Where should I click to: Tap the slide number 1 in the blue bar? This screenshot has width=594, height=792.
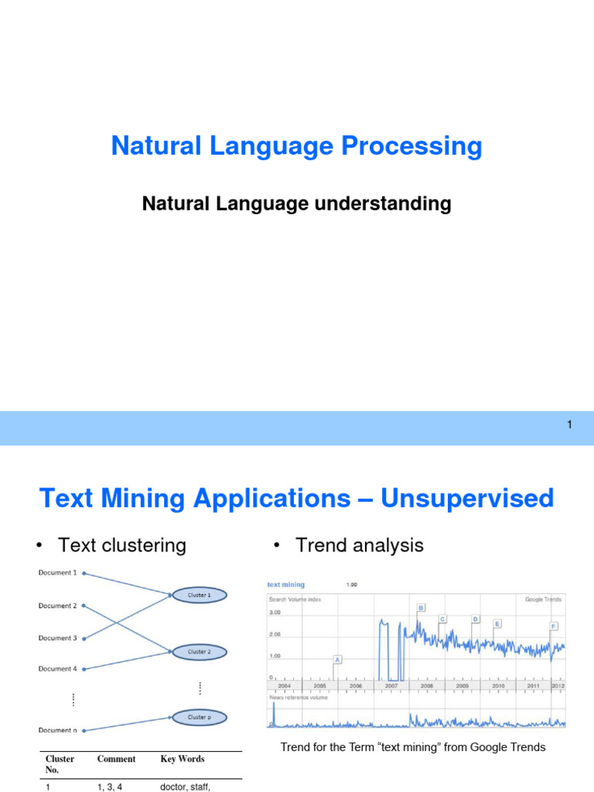(x=569, y=425)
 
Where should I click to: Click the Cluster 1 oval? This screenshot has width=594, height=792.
(x=198, y=595)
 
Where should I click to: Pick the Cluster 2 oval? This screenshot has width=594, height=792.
(x=198, y=652)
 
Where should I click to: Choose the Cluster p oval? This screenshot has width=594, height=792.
(x=198, y=717)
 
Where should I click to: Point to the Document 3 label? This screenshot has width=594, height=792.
(x=57, y=638)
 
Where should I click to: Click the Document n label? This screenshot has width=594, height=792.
(x=57, y=730)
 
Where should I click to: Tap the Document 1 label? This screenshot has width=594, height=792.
(x=57, y=572)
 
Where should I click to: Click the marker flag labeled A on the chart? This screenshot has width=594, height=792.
(x=337, y=660)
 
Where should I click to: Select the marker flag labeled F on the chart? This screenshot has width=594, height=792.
(x=553, y=626)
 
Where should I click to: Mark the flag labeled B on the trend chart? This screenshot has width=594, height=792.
(x=422, y=608)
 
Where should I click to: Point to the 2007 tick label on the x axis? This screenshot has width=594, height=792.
(x=391, y=686)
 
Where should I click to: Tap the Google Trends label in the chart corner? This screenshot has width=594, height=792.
(x=543, y=599)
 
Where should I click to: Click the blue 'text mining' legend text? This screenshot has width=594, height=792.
(x=286, y=585)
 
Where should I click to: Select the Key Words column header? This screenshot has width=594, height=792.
(x=182, y=759)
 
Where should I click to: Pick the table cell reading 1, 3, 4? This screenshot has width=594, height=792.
(x=110, y=787)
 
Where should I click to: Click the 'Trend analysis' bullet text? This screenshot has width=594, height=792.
(x=359, y=545)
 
